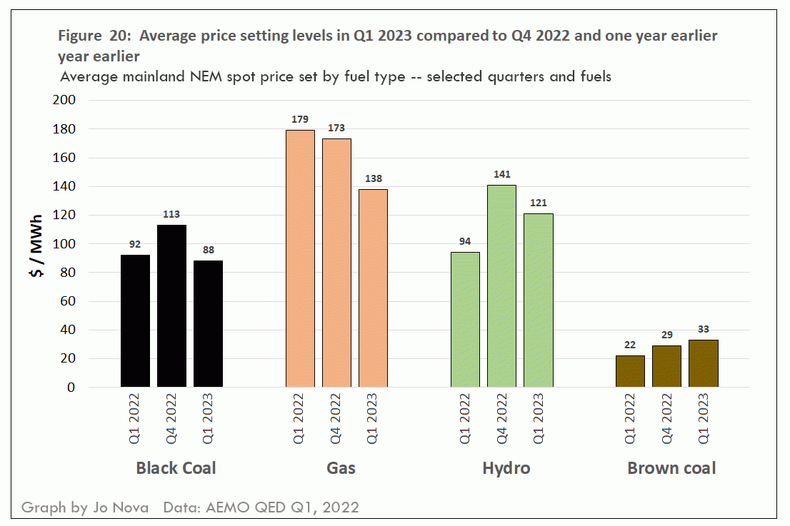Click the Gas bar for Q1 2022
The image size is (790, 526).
(300, 258)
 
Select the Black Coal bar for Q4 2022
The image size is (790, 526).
(171, 306)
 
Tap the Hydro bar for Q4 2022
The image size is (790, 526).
(501, 286)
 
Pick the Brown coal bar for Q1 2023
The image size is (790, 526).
(703, 364)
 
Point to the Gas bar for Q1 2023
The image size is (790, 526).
(373, 288)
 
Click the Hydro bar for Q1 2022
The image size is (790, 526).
(465, 320)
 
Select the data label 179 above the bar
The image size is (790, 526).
(300, 118)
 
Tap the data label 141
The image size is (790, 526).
(501, 174)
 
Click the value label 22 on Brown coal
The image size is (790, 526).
(630, 345)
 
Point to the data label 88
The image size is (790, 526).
(208, 250)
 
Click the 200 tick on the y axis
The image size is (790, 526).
(65, 101)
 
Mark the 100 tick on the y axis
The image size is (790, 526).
(65, 244)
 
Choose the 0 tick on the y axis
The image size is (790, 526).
(71, 388)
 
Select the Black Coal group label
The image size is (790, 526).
(176, 468)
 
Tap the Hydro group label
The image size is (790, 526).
(506, 468)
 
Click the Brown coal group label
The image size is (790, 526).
(671, 468)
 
